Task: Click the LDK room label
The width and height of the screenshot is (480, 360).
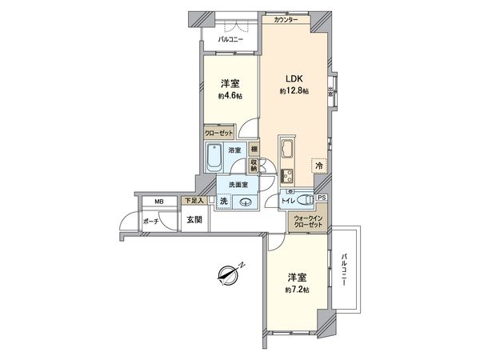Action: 289,79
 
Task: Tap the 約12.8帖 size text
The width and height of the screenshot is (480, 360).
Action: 293,92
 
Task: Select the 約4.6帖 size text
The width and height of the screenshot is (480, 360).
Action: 228,96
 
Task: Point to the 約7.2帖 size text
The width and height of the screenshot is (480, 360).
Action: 296,290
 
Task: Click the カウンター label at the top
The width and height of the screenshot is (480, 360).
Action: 286,20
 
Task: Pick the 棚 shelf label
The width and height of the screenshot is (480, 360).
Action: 254,149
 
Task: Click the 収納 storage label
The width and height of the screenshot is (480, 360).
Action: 254,165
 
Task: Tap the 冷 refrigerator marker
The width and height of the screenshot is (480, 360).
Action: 318,165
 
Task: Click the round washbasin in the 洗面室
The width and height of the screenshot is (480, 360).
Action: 246,203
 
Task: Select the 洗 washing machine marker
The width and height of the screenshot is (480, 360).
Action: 224,202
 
